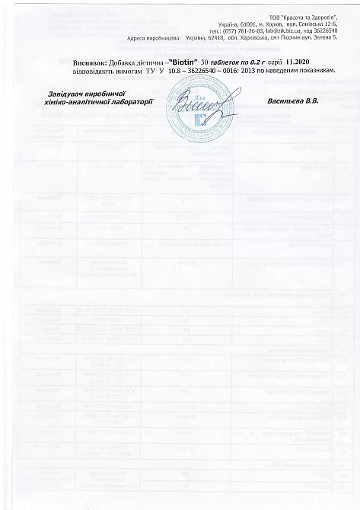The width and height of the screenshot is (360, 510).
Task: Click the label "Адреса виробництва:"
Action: [x=153, y=36]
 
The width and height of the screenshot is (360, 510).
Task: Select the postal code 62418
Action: [x=224, y=36]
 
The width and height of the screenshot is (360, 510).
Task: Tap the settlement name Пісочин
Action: [x=303, y=36]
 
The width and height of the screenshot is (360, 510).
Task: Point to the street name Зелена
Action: [x=333, y=36]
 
